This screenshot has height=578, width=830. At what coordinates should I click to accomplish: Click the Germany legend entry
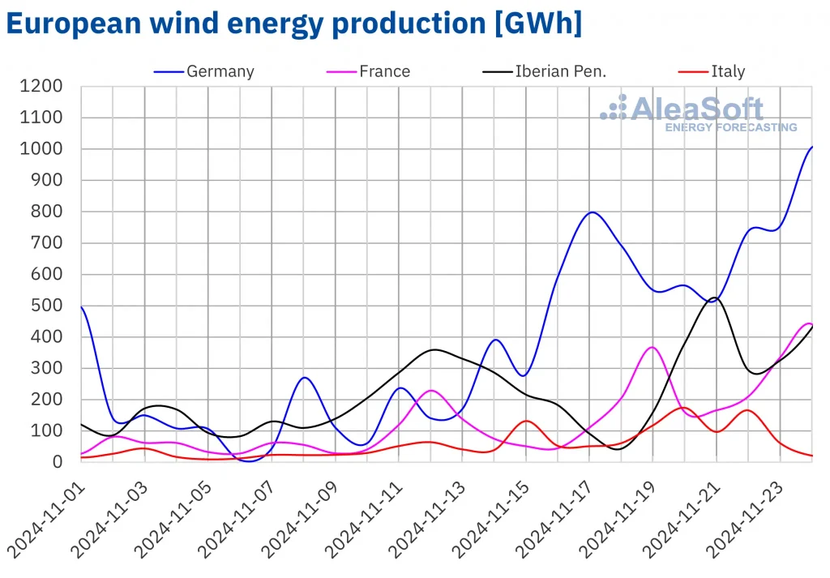(x=220, y=71)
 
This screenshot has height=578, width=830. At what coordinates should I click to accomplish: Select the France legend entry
(x=384, y=71)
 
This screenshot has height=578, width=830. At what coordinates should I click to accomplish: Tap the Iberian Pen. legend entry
(x=560, y=71)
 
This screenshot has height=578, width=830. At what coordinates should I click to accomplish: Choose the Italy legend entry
(x=727, y=71)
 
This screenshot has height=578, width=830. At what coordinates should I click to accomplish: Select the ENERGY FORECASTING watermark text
(x=730, y=127)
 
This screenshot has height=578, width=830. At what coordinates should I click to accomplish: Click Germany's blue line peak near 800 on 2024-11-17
(x=592, y=212)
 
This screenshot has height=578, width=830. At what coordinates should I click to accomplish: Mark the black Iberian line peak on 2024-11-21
(x=714, y=298)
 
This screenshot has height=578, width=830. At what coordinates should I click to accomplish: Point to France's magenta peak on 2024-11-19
(x=653, y=347)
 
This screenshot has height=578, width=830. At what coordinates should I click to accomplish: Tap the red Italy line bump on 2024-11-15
(x=526, y=421)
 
